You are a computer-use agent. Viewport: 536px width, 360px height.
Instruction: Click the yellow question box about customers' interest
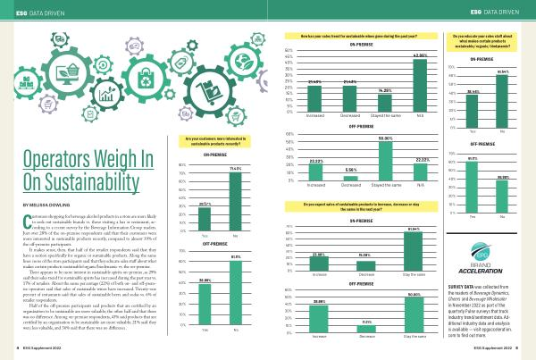(x=220, y=140)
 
